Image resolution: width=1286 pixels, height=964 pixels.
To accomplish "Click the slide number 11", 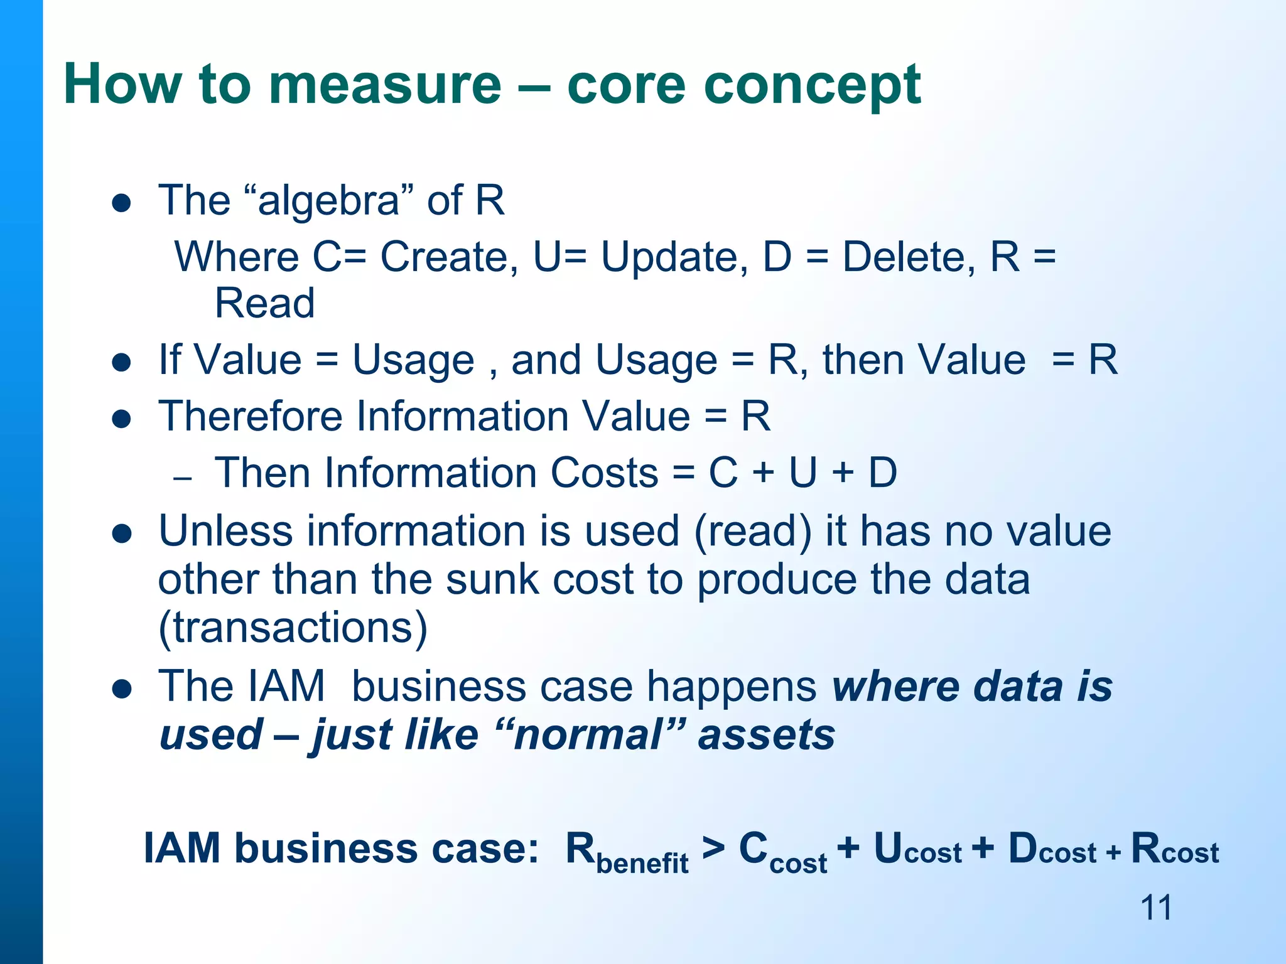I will (1155, 908).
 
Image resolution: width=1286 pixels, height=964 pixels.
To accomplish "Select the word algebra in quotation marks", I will (328, 201).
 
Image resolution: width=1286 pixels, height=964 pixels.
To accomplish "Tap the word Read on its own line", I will (264, 303).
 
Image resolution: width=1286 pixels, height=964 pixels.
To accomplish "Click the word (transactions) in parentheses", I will (293, 627).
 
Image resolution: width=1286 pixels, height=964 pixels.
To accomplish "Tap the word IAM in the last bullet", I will (286, 686).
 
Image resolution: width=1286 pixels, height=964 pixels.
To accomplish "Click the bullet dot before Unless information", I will (121, 533).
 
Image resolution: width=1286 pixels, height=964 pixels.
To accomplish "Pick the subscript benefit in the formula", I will (642, 863).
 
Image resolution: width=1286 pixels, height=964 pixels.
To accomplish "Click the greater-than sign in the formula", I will (713, 848).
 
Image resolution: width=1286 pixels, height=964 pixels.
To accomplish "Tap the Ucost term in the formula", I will (917, 849).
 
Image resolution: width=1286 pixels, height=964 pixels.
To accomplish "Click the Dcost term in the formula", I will (1052, 849).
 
